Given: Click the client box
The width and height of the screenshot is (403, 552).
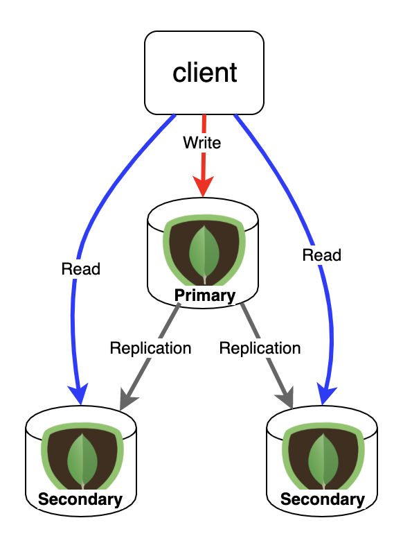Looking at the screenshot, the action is (204, 73).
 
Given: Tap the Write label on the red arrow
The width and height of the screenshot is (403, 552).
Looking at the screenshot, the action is (202, 143).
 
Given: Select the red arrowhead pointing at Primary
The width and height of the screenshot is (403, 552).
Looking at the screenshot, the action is (204, 187).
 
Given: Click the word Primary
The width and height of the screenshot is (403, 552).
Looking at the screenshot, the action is (205, 295).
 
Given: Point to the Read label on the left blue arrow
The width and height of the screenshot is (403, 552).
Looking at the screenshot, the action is (81, 269).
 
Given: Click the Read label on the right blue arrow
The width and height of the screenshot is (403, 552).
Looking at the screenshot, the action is (322, 255).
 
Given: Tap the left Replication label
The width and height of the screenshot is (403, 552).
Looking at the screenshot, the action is (150, 348).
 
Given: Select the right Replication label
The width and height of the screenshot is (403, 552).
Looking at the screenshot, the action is (260, 348).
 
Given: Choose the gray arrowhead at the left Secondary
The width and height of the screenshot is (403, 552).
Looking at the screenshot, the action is (127, 399).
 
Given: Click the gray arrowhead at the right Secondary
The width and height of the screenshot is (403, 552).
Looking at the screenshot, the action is (285, 398).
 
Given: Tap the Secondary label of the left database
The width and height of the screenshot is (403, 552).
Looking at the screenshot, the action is (80, 499).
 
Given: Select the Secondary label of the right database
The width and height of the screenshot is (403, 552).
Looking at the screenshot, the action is (323, 499).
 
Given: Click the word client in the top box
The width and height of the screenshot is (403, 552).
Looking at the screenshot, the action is (205, 73).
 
